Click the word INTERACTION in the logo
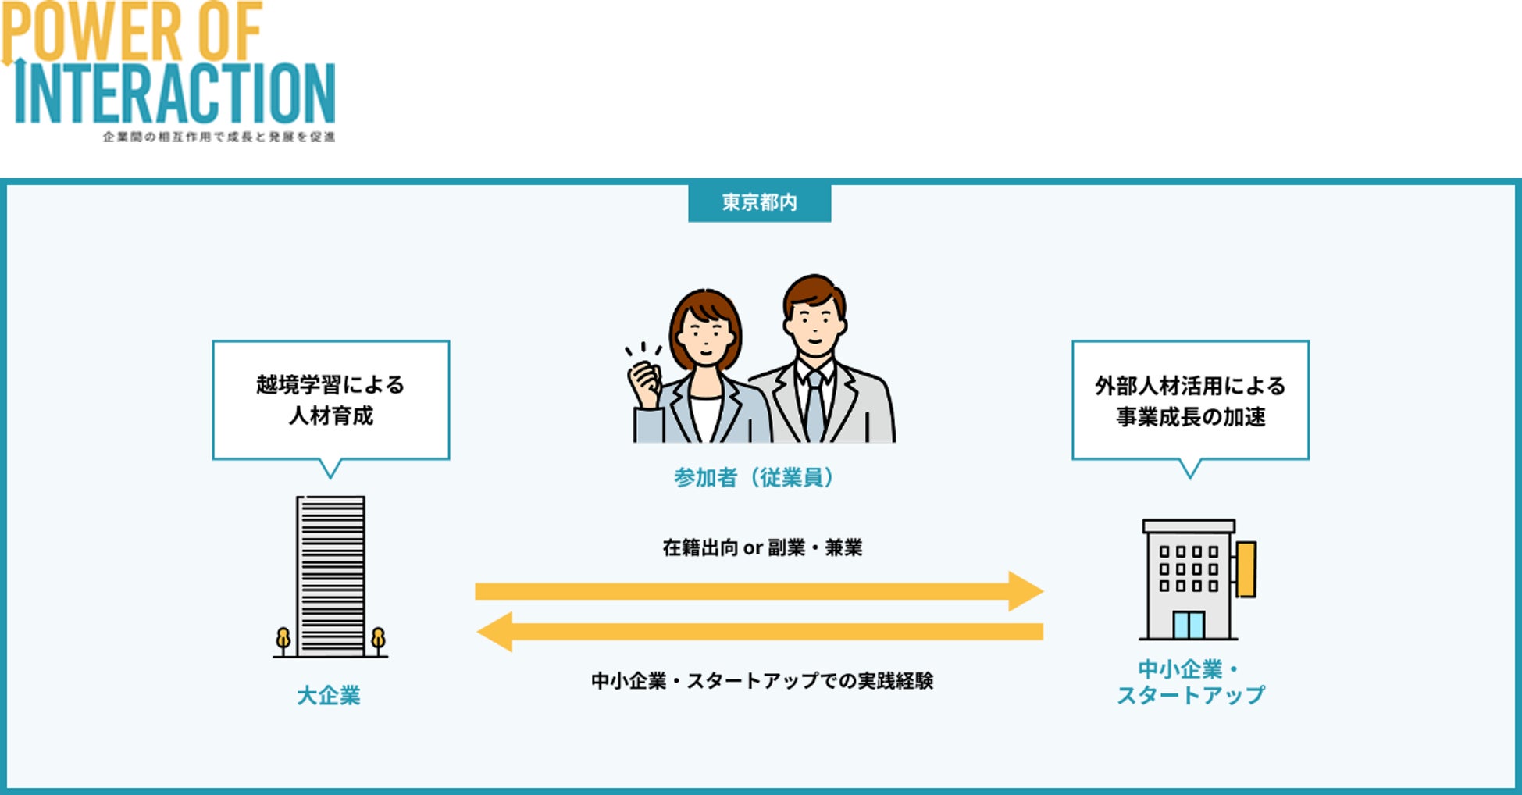click(x=176, y=94)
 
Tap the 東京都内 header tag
click(x=759, y=203)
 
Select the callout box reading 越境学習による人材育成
click(x=330, y=400)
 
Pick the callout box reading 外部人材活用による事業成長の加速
click(x=1189, y=401)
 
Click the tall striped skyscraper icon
click(x=330, y=576)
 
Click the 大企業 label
click(x=329, y=695)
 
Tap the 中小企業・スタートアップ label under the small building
click(x=1189, y=682)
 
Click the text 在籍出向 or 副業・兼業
click(x=762, y=548)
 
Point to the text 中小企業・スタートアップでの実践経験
click(x=762, y=681)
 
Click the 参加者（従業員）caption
click(x=754, y=477)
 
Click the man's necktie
click(x=814, y=406)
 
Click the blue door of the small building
click(x=1188, y=625)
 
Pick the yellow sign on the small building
click(x=1246, y=569)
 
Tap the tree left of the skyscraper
click(x=283, y=640)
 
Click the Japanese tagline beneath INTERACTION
click(x=219, y=137)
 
